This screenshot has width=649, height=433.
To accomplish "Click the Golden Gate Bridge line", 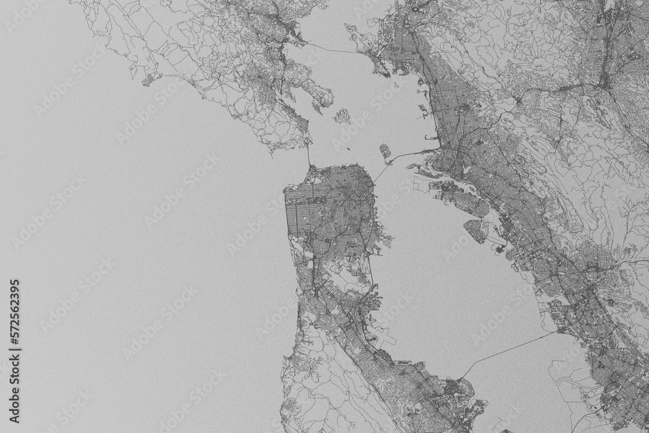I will click(308, 156).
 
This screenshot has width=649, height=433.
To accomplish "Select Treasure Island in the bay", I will click(386, 153).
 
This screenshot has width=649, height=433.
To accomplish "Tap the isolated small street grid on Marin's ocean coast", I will click(150, 78).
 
